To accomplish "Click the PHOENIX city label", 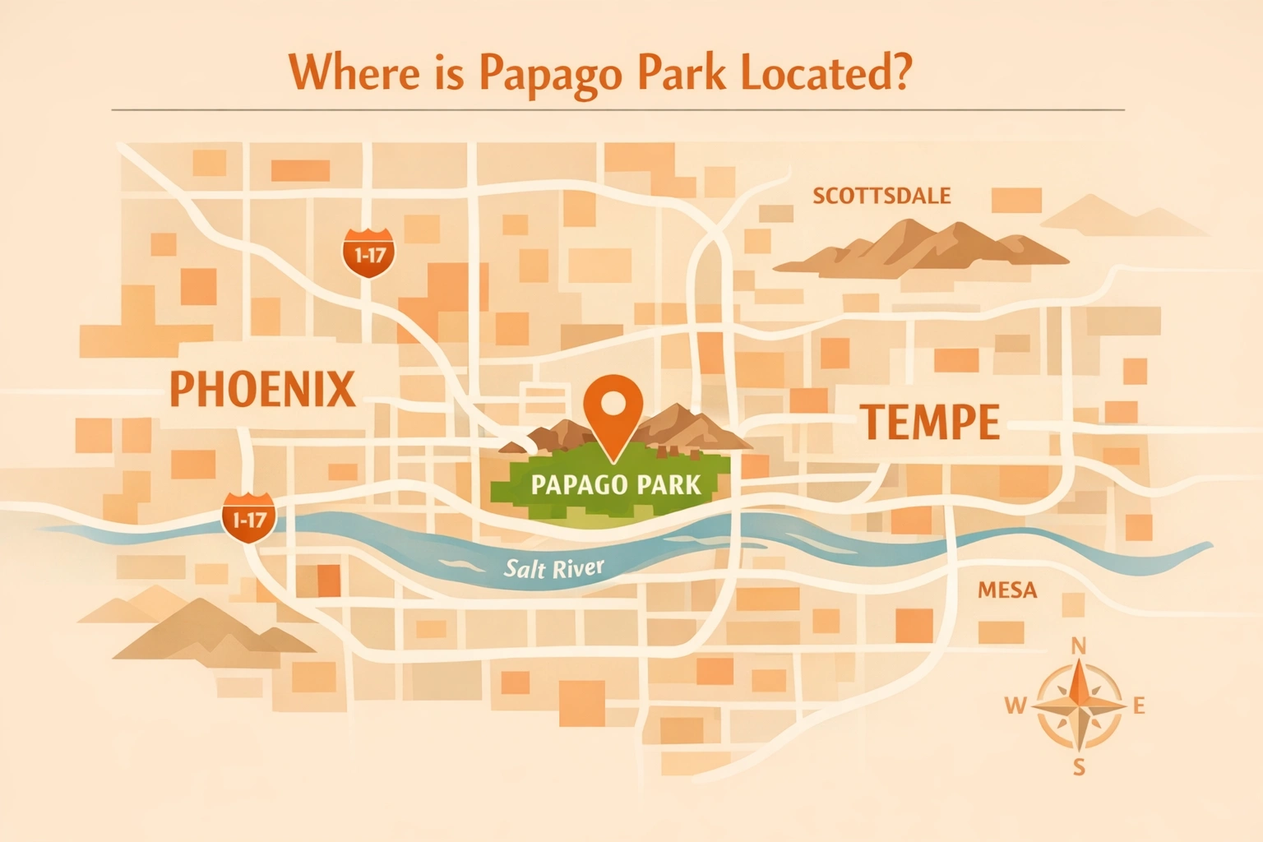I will pyautogui.click(x=262, y=389).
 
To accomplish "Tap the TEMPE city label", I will pyautogui.click(x=930, y=423).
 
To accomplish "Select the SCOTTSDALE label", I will pyautogui.click(x=881, y=196).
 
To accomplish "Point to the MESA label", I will pyautogui.click(x=1007, y=590).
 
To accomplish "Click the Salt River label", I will pyautogui.click(x=553, y=567).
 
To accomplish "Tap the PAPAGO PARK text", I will pyautogui.click(x=616, y=484).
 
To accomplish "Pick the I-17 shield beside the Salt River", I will pyautogui.click(x=248, y=518).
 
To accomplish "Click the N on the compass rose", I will pyautogui.click(x=1079, y=646).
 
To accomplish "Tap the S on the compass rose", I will pyautogui.click(x=1079, y=768).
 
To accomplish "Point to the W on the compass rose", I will pyautogui.click(x=1015, y=705).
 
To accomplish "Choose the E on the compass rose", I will pyautogui.click(x=1139, y=706).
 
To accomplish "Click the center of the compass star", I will pyautogui.click(x=1079, y=706).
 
